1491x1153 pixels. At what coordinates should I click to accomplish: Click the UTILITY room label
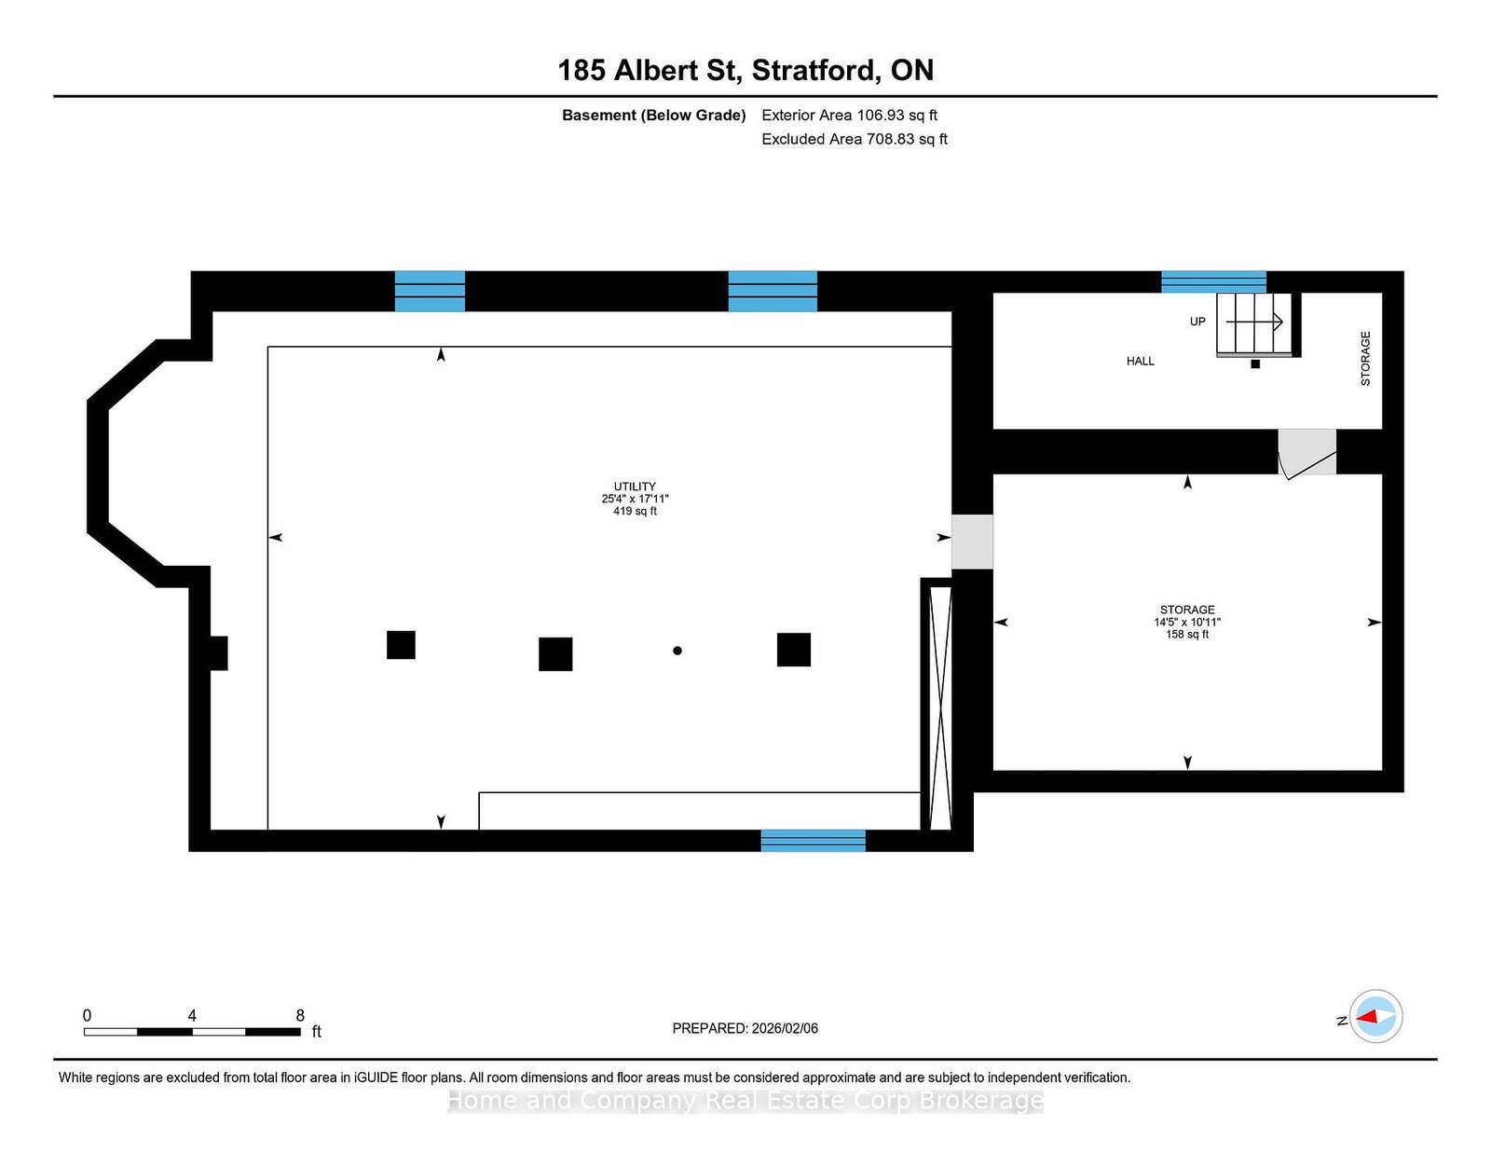[635, 487]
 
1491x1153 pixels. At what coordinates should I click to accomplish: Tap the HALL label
[1140, 361]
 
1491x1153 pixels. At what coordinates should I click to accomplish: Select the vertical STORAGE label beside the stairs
[1365, 358]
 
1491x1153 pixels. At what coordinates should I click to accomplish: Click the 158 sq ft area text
[1187, 634]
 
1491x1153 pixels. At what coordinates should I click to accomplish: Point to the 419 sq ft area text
[635, 512]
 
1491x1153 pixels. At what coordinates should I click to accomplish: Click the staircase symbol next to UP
[1254, 324]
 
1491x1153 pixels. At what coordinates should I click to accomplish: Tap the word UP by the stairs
[1197, 322]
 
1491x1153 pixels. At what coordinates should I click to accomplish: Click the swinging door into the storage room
[1306, 453]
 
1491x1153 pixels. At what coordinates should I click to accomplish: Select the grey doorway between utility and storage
[972, 542]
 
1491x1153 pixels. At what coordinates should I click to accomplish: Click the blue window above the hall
[1213, 282]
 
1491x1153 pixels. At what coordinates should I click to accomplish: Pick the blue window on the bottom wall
[813, 840]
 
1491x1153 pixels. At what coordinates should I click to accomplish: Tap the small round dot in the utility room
[677, 651]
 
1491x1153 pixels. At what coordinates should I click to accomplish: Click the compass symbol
[1375, 1016]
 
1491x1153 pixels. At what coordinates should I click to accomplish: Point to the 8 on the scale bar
[300, 1015]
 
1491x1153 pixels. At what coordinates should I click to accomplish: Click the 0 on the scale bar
[88, 1015]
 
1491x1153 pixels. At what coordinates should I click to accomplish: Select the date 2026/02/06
[785, 1028]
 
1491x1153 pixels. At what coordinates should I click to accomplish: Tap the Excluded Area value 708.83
[891, 139]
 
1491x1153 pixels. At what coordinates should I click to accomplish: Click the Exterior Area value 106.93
[881, 116]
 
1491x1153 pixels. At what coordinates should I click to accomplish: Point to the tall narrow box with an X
[940, 705]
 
